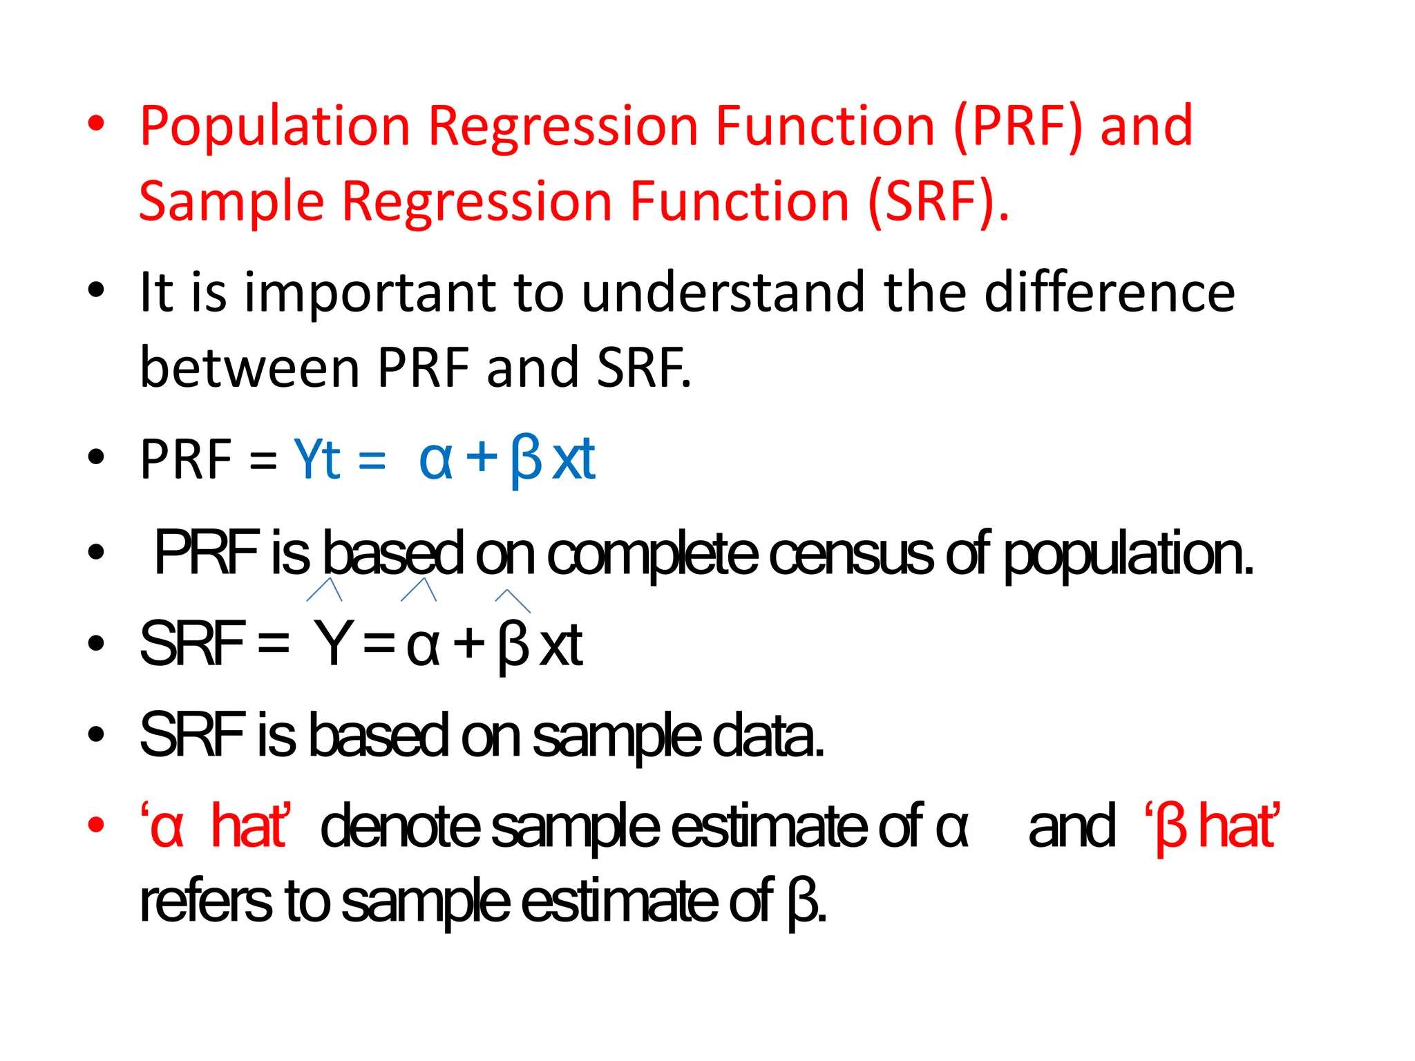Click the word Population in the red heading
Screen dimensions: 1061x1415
(275, 126)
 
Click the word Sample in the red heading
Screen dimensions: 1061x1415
(231, 202)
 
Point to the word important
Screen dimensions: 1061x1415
(370, 294)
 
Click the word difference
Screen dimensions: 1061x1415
(1109, 292)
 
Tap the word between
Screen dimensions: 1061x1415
(249, 367)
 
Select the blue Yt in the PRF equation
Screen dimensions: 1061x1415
(317, 459)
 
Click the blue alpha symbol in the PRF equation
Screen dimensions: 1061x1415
(435, 461)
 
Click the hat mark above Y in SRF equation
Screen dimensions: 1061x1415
(325, 589)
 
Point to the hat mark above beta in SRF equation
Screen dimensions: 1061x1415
(513, 600)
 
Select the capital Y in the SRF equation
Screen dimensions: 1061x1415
(334, 644)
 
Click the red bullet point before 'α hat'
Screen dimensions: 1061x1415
(96, 825)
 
